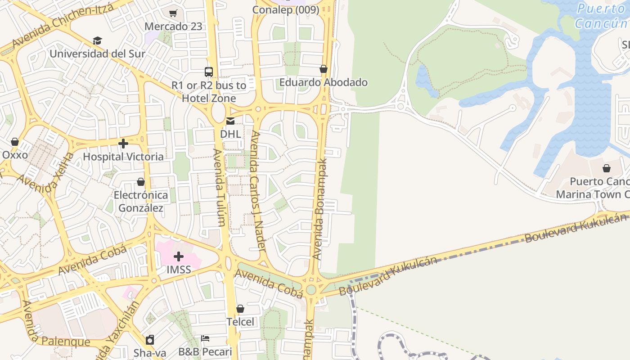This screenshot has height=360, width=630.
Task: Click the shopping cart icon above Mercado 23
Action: tap(173, 13)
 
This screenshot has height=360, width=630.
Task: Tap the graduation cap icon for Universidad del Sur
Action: tap(97, 41)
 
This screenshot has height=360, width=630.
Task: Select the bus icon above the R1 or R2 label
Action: tap(209, 72)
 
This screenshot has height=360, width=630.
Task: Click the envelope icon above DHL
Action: tap(230, 121)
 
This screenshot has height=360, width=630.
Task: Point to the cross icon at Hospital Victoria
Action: tap(123, 144)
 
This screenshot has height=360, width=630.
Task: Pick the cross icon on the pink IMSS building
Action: tap(179, 256)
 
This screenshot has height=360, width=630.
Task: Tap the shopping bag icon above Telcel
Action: tap(240, 309)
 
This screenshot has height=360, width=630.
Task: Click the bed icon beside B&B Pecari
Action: tap(205, 338)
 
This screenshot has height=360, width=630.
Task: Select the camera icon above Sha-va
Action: tap(150, 340)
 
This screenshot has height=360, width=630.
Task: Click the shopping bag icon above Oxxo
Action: tap(15, 142)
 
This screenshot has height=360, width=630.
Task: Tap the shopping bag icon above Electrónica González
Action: tap(141, 182)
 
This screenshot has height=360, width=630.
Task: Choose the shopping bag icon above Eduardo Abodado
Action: tap(323, 69)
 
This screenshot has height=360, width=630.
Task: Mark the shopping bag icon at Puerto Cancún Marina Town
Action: tap(607, 169)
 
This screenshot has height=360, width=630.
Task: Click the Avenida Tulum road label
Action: tap(220, 188)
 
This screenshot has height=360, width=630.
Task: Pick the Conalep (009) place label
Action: tap(286, 10)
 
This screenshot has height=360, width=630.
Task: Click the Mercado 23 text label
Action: tap(173, 27)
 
